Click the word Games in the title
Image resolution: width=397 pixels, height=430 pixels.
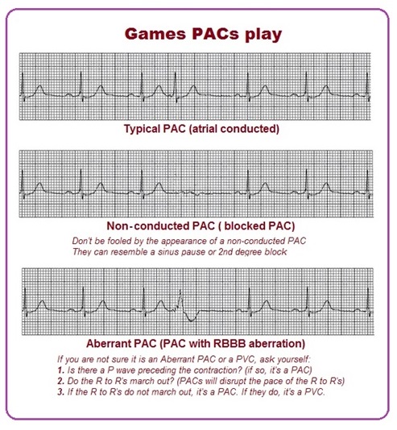[155, 34]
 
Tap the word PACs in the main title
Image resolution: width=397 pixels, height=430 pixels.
[215, 34]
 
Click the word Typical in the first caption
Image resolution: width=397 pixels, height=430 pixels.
[142, 129]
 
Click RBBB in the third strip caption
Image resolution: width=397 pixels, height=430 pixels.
[225, 343]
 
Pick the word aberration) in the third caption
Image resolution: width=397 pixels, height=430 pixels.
[273, 343]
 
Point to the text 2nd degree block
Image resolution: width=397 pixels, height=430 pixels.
[253, 252]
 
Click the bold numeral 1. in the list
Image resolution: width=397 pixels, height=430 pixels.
[61, 370]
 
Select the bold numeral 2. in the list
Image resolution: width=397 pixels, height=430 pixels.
[61, 381]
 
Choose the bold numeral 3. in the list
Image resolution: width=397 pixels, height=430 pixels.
[61, 392]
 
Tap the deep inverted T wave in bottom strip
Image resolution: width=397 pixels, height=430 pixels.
[192, 319]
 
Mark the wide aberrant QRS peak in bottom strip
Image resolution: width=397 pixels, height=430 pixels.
[180, 294]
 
